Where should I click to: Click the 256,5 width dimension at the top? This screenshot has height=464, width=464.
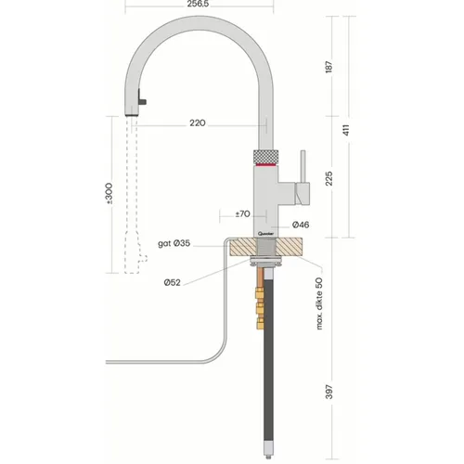pos(198,4)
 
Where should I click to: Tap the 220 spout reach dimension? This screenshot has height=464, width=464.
pos(198,123)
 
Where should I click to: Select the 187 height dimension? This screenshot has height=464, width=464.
pos(329,67)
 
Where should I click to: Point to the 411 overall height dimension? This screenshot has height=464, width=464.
pos(346,130)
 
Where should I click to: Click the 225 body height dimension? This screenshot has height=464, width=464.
pos(329,178)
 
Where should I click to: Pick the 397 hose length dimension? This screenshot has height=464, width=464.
pos(329,392)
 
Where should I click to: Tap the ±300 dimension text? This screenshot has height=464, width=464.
pos(109,194)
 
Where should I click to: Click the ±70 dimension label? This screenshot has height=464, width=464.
pos(242,213)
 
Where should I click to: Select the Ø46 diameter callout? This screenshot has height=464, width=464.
pos(301,225)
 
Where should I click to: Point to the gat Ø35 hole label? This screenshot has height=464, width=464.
pos(174,243)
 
